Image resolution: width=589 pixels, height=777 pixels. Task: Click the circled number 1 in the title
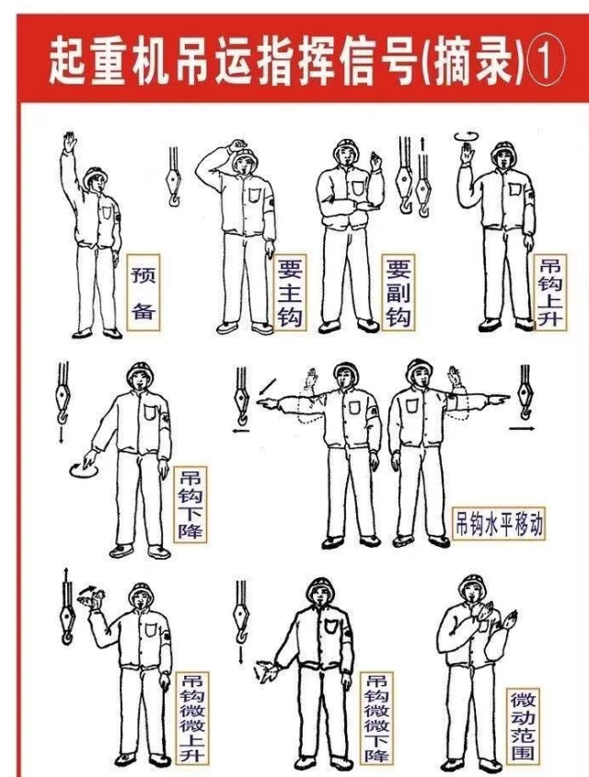point(547,64)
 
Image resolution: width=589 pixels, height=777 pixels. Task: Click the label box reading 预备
point(144,293)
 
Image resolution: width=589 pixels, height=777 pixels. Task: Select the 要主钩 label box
point(289,293)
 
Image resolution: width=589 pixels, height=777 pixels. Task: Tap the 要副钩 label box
point(398,293)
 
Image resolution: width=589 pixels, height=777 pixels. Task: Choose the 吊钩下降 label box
point(191,504)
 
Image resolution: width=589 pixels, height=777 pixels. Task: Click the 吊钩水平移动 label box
point(499,524)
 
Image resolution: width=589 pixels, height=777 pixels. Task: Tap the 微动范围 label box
point(523,725)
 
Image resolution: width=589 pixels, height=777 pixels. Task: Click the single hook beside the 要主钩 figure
point(173,178)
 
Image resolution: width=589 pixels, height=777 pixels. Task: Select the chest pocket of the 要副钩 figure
point(358,188)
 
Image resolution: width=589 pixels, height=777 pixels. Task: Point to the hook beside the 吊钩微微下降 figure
point(241,613)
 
